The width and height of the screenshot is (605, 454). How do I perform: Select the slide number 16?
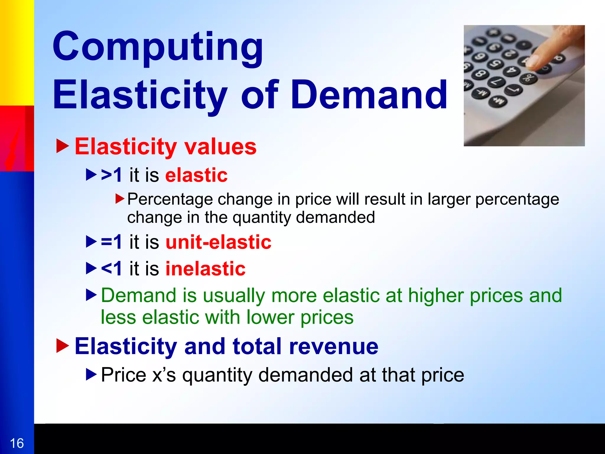17,443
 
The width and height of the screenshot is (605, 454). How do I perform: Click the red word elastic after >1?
196,175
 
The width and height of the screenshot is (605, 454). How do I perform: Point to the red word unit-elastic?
218,242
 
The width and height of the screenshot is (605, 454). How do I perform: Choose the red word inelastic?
205,269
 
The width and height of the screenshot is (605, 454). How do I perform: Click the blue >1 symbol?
111,175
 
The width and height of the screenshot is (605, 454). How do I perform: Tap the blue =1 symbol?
111,242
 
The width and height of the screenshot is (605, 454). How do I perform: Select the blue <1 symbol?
111,269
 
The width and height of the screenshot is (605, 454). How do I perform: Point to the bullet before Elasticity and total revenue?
62,346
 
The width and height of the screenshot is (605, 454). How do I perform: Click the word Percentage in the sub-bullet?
170,199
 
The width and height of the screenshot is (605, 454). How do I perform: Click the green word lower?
270,317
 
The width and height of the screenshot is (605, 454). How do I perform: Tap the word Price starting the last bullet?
123,375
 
